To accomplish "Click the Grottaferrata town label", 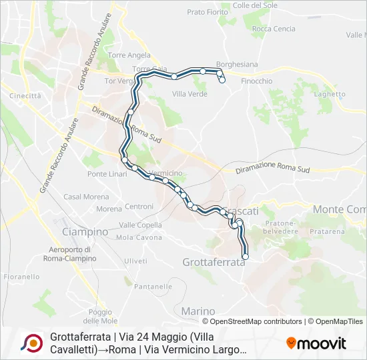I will tap(214, 262).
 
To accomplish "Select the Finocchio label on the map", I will tap(256, 81).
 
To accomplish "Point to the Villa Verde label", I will tap(190, 94).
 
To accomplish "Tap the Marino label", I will tap(198, 311).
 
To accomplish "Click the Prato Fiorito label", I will tap(208, 12).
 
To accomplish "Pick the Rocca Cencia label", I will tap(274, 29).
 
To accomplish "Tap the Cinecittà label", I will tap(25, 96).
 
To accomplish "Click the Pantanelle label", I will tap(154, 287).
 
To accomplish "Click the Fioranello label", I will tap(21, 276).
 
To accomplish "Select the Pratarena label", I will tap(327, 231).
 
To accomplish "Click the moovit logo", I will tap(316, 343).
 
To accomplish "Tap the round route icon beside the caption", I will tap(31, 343).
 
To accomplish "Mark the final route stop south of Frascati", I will tap(245, 257).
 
